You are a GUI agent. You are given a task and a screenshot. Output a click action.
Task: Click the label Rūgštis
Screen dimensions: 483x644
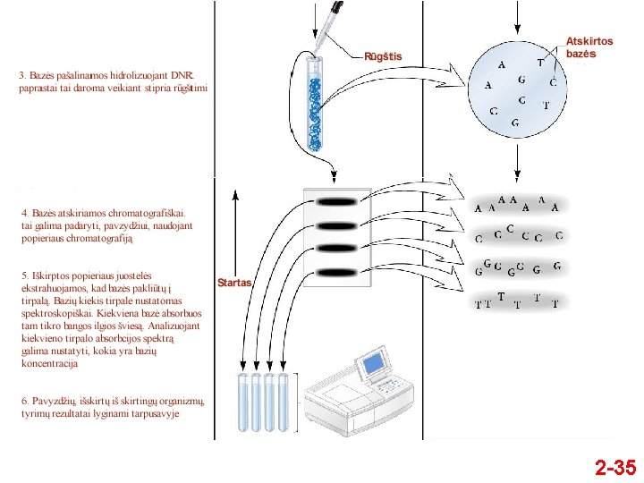[383, 57]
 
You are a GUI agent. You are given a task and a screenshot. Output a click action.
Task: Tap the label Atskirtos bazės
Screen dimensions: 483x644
[589, 47]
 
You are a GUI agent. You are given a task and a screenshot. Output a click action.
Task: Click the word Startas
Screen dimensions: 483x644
[235, 283]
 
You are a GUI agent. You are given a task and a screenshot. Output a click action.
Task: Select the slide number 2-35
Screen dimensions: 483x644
[615, 467]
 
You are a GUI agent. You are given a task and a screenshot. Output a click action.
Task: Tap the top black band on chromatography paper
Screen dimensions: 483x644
[336, 202]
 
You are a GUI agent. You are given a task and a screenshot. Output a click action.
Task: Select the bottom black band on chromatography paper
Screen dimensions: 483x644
[336, 271]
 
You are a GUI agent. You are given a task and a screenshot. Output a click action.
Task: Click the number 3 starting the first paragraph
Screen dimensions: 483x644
[22, 75]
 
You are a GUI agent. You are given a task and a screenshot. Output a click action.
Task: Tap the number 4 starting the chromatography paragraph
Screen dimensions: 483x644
[24, 213]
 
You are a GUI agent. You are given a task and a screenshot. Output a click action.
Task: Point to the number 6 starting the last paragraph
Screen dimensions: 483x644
[24, 401]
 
